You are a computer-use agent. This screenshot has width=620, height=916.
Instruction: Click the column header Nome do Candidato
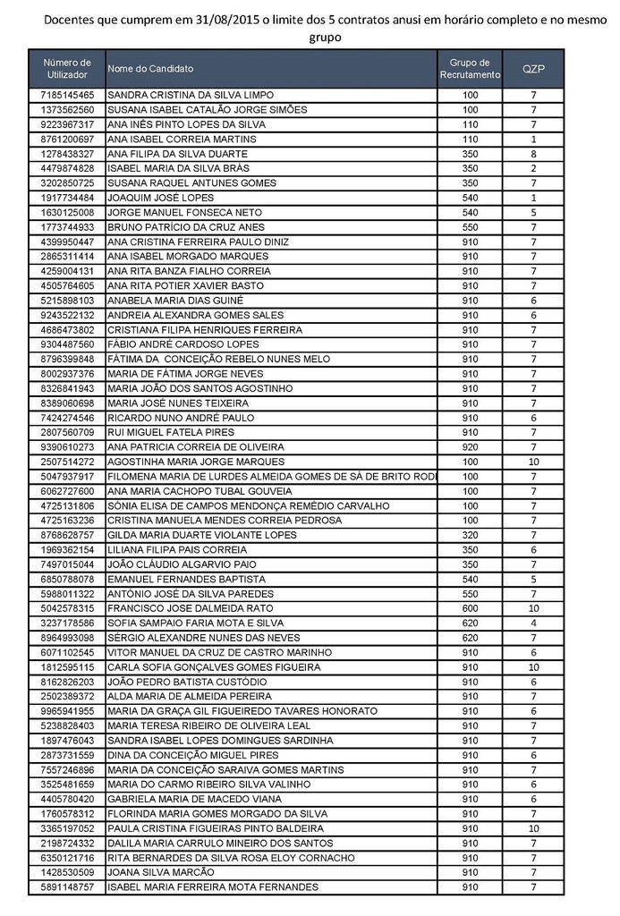click(150, 69)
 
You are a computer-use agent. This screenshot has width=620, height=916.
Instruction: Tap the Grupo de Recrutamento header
click(470, 69)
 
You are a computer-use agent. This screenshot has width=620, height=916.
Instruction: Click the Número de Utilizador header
click(67, 69)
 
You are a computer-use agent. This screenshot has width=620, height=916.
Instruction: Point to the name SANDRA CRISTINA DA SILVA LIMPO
click(190, 95)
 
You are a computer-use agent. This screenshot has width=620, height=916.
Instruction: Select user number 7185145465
click(67, 95)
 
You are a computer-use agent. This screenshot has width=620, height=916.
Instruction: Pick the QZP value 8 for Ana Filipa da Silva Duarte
click(533, 154)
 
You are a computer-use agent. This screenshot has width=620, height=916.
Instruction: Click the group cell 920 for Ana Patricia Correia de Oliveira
click(470, 447)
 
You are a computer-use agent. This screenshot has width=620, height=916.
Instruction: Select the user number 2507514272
click(67, 462)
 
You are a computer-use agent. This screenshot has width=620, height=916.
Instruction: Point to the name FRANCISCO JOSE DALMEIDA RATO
click(190, 608)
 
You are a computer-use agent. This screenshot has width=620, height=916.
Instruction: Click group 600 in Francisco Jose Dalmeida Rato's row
click(470, 608)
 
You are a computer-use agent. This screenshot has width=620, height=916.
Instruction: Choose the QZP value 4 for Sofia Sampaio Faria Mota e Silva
click(533, 623)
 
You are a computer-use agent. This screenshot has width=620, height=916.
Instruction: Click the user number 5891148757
click(67, 886)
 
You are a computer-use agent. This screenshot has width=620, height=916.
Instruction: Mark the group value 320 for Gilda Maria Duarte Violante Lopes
click(470, 535)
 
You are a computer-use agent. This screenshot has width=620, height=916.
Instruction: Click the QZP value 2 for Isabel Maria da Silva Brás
click(533, 168)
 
